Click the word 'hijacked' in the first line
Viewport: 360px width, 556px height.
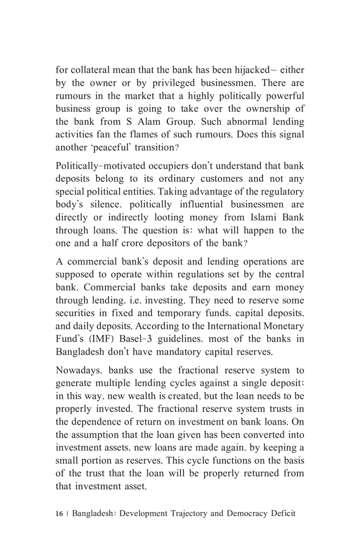[x=247, y=70]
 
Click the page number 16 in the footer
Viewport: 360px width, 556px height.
[x=59, y=513]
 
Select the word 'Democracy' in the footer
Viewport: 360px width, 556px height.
[x=244, y=513]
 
